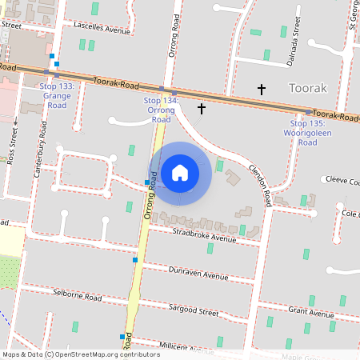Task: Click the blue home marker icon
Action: coord(180,172)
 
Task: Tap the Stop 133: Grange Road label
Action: coord(57,95)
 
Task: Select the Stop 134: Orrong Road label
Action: coord(162,110)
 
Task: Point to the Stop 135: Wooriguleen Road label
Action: coord(308,133)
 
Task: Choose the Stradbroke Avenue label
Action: coord(205,234)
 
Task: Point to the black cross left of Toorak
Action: coord(260,88)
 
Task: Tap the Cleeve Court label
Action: coord(339,181)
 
